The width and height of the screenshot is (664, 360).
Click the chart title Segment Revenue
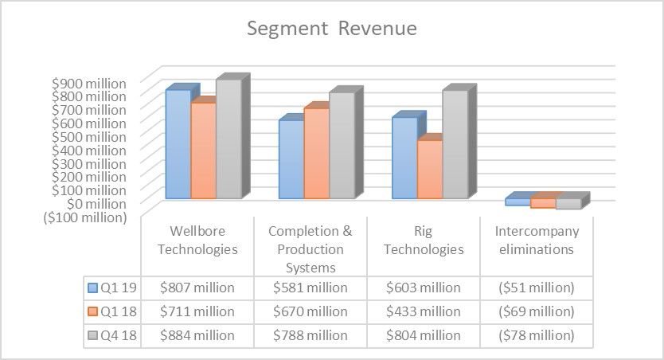click(331, 29)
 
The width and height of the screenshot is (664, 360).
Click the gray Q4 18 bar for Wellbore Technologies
click(228, 139)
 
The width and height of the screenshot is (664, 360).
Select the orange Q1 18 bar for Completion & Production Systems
click(316, 153)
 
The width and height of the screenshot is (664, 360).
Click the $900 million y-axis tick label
click(89, 83)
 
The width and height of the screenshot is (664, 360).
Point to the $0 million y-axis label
click(96, 204)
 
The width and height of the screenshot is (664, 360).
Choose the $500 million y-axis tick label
click(89, 136)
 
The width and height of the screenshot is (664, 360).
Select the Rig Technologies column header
click(423, 239)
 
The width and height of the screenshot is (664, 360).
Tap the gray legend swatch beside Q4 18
click(93, 335)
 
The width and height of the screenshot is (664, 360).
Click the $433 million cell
click(423, 311)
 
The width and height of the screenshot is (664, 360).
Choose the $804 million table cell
click(423, 335)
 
